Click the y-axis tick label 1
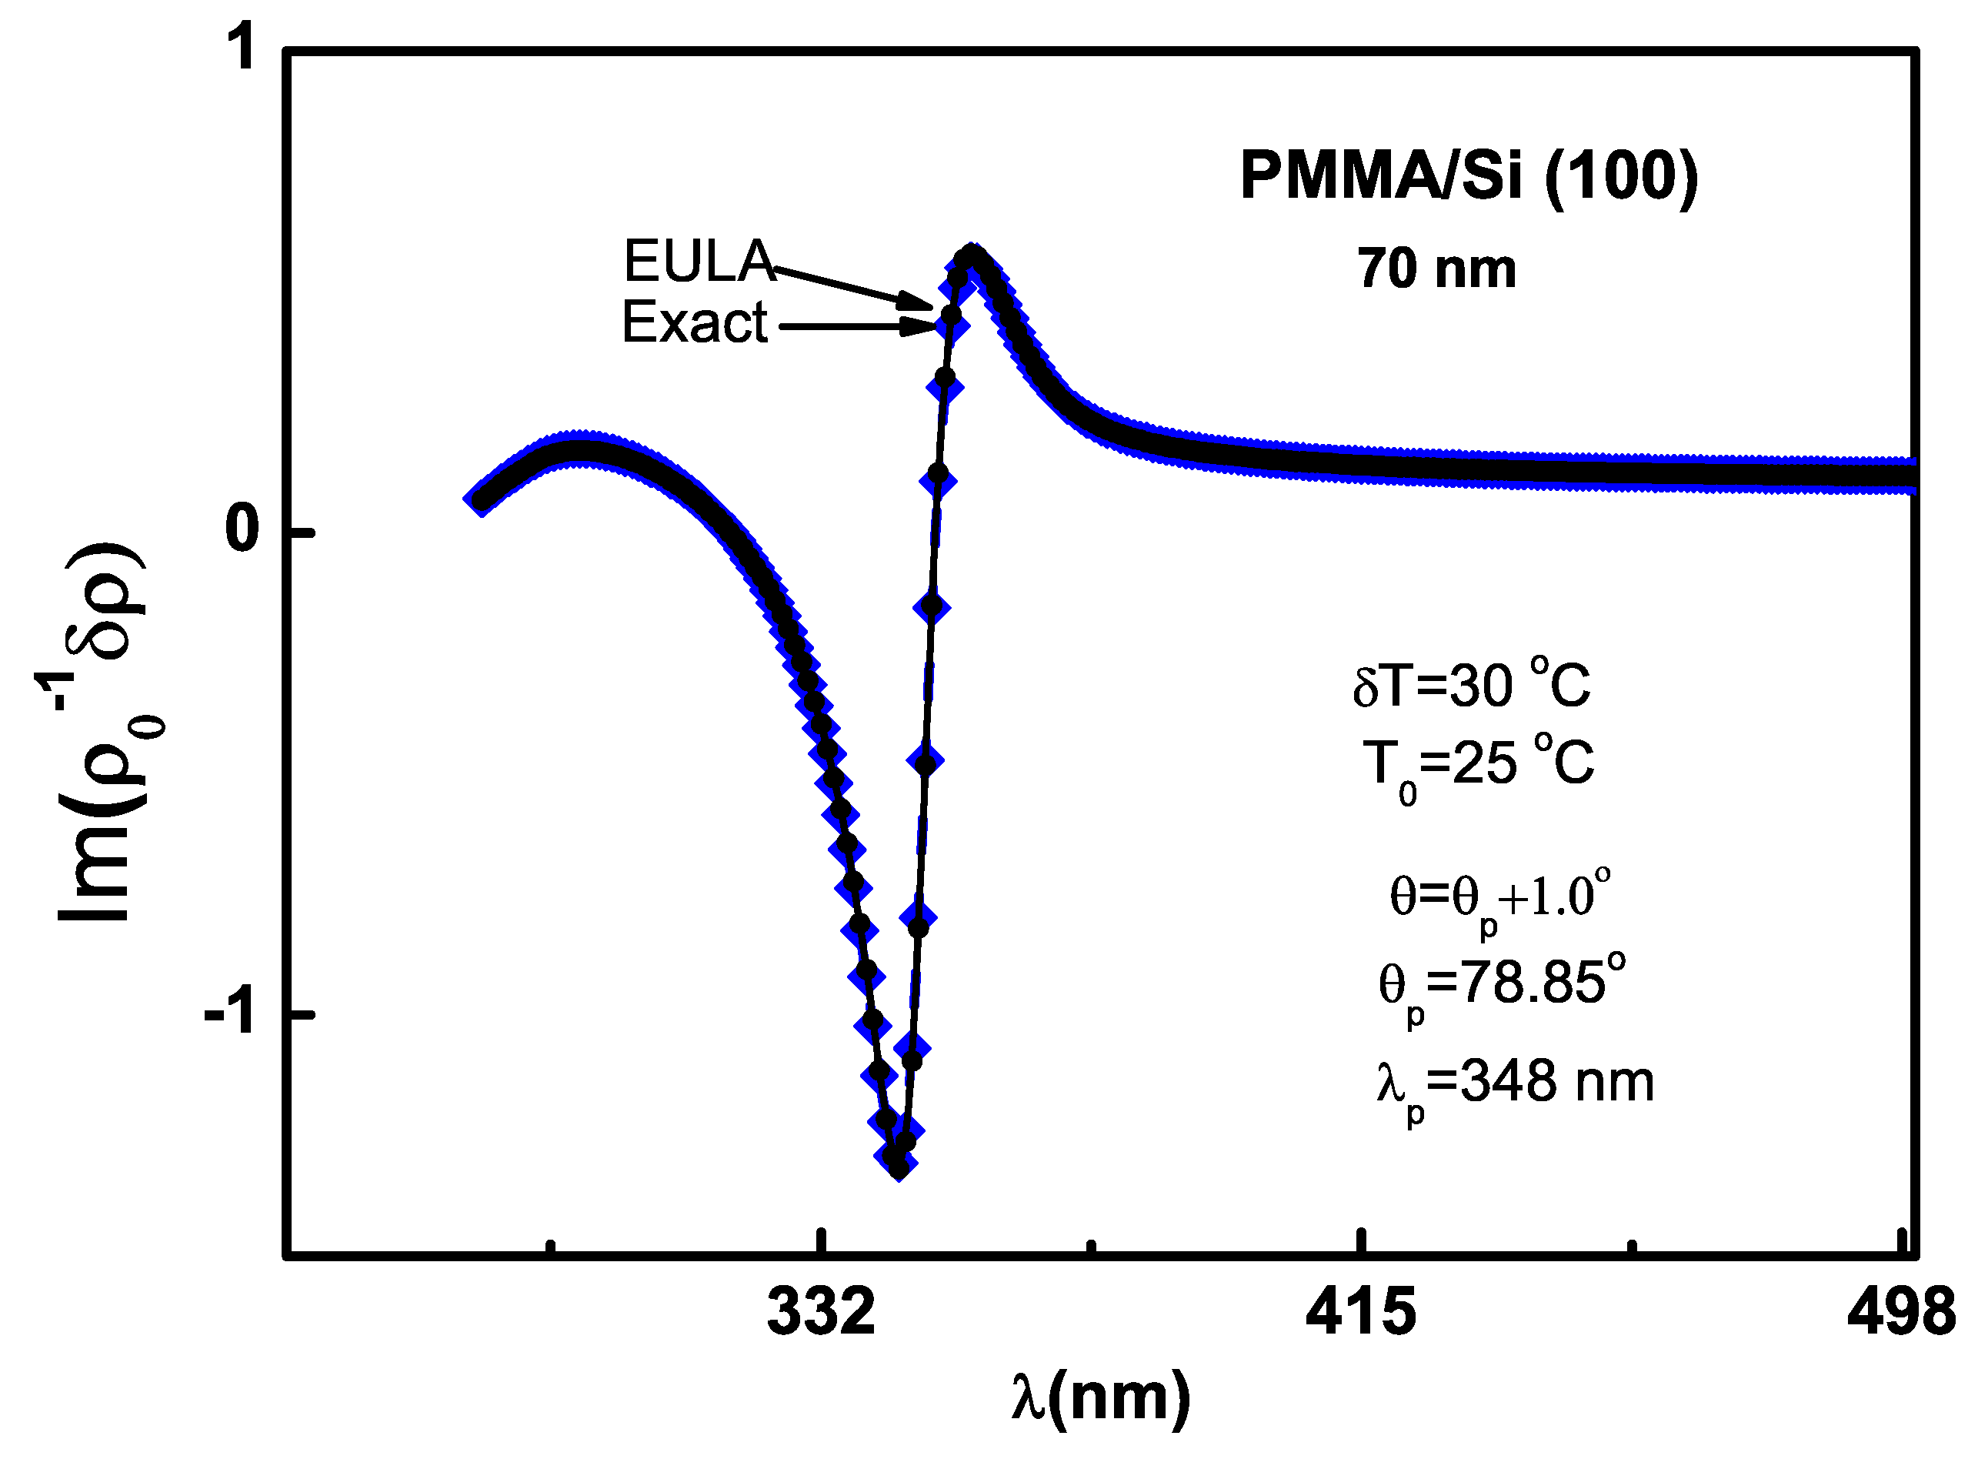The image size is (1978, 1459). (240, 48)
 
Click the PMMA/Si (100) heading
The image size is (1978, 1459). (1469, 175)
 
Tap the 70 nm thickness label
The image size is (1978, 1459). (1436, 269)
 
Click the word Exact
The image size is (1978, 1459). (695, 323)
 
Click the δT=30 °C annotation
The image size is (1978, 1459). (1472, 684)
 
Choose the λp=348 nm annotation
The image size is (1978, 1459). (1513, 1084)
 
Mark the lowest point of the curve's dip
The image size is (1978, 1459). (899, 1168)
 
